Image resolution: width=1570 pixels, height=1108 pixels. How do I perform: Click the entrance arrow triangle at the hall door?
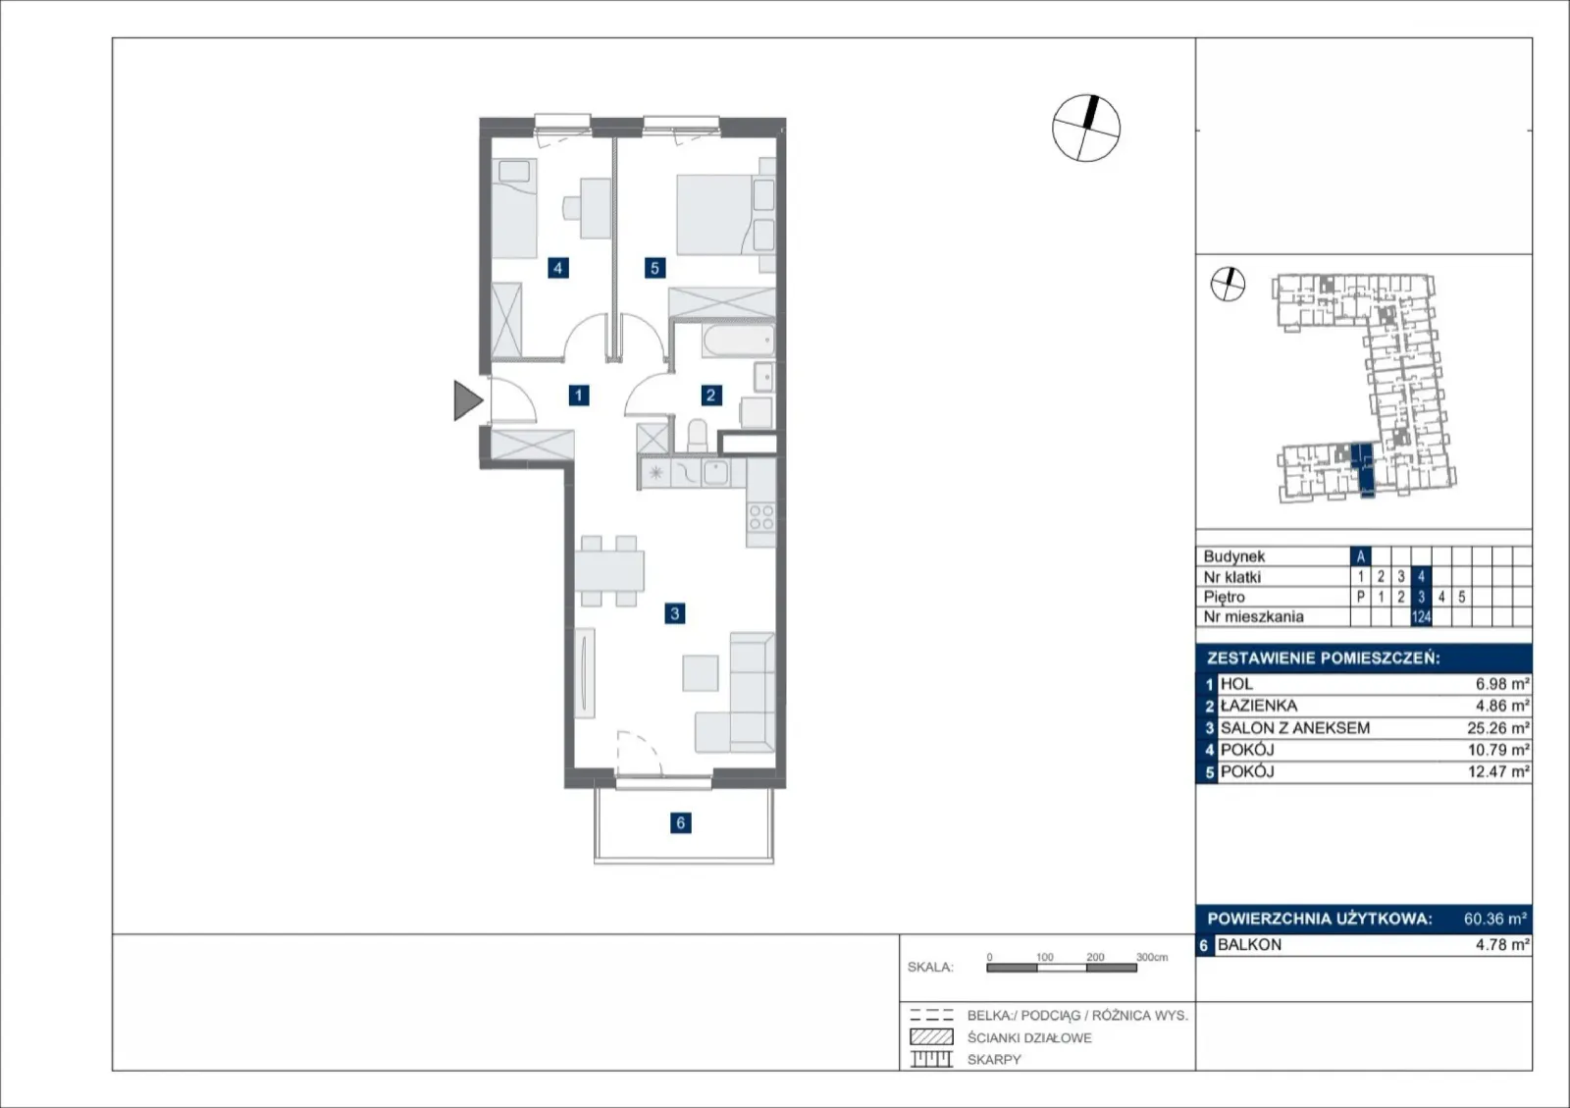pyautogui.click(x=467, y=400)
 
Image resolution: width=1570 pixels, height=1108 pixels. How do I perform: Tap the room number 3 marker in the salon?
pyautogui.click(x=674, y=614)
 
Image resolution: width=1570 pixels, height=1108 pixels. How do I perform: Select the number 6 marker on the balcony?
pyautogui.click(x=681, y=822)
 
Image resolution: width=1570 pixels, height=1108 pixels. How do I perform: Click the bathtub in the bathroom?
pyautogui.click(x=738, y=341)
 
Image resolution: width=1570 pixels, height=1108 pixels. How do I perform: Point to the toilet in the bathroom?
pyautogui.click(x=698, y=435)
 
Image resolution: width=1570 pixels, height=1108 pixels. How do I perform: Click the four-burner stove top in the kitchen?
pyautogui.click(x=761, y=517)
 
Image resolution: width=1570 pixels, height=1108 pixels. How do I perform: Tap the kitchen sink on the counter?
pyautogui.click(x=715, y=473)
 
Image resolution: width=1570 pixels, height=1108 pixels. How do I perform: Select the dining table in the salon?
pyautogui.click(x=609, y=570)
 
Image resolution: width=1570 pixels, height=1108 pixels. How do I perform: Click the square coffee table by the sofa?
pyautogui.click(x=701, y=673)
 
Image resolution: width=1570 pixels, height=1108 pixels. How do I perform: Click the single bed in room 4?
pyautogui.click(x=514, y=208)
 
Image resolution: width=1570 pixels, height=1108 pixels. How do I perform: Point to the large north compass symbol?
pyautogui.click(x=1086, y=129)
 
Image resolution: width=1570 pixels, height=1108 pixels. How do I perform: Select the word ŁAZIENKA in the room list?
pyautogui.click(x=1259, y=706)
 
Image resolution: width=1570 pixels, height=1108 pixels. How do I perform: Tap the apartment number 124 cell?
pyautogui.click(x=1421, y=616)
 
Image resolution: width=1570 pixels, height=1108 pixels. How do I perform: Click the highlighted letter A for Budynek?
pyautogui.click(x=1360, y=556)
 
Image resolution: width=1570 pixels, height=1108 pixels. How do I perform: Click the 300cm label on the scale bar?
pyautogui.click(x=1152, y=957)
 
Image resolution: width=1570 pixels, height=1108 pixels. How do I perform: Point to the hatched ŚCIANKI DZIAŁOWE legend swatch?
pyautogui.click(x=931, y=1036)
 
